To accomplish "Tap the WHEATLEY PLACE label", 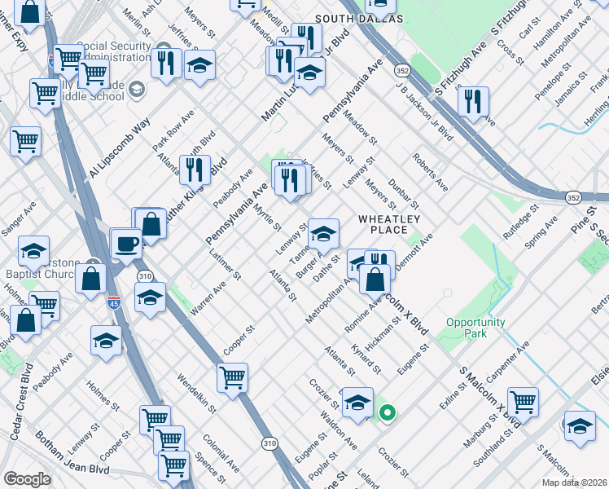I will tap(389, 224).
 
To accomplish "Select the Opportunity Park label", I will tap(475, 328).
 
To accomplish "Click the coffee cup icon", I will tap(126, 243).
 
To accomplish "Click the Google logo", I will tap(27, 479).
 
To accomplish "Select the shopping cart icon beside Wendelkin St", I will tap(233, 378).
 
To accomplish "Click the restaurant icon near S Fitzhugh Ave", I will tap(472, 102).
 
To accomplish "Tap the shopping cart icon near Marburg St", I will tap(523, 401).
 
